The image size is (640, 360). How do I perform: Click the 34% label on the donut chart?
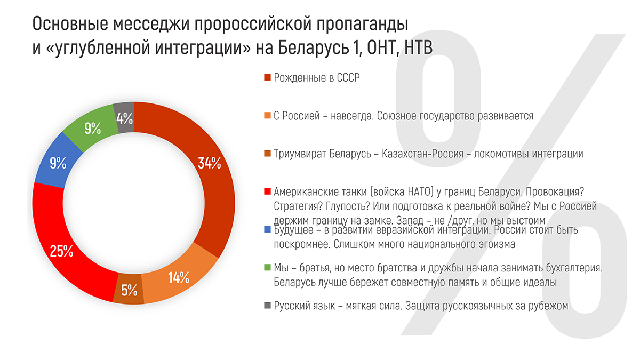pyautogui.click(x=209, y=163)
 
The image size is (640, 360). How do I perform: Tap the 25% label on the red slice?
pyautogui.click(x=61, y=251)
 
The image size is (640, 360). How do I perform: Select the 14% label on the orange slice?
pyautogui.click(x=178, y=277)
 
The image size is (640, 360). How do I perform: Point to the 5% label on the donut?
pyautogui.click(x=130, y=291)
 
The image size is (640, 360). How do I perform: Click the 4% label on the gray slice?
pyautogui.click(x=124, y=117)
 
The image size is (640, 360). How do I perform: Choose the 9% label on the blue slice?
pyautogui.click(x=58, y=163)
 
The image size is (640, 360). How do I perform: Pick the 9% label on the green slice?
pyautogui.click(x=92, y=128)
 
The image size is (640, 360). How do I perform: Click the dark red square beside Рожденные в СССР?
pyautogui.click(x=268, y=78)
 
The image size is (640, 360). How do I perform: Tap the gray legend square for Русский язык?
pyautogui.click(x=268, y=306)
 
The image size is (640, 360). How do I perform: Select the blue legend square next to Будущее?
pyautogui.click(x=268, y=231)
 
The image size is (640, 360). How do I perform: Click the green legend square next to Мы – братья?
pyautogui.click(x=268, y=268)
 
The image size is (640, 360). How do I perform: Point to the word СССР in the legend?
pyautogui.click(x=348, y=78)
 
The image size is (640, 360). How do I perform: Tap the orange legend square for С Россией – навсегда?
pyautogui.click(x=268, y=116)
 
